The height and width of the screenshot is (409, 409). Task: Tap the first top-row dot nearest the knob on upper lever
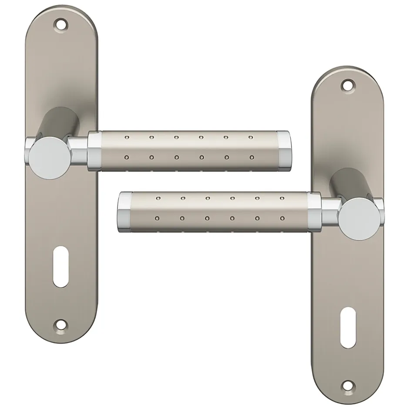[x=127, y=137]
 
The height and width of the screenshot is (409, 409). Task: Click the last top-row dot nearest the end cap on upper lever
[x=251, y=138]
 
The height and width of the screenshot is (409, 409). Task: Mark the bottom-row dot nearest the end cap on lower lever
[x=157, y=218]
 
